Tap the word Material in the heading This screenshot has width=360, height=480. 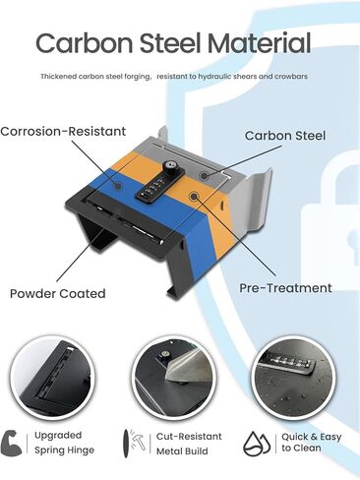pyautogui.click(x=260, y=43)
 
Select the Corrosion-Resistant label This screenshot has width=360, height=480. pyautogui.click(x=63, y=131)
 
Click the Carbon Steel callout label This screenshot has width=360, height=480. pyautogui.click(x=285, y=136)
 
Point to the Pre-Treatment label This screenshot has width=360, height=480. pyautogui.click(x=285, y=288)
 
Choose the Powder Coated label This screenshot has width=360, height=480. pyautogui.click(x=58, y=293)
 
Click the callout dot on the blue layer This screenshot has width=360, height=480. pyautogui.click(x=118, y=186)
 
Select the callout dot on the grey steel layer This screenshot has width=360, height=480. pyautogui.click(x=205, y=175)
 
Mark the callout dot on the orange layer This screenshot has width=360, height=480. pyautogui.click(x=194, y=196)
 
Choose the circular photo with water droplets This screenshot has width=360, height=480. pyautogui.click(x=294, y=378)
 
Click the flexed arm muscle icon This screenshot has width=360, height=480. pyautogui.click(x=11, y=444)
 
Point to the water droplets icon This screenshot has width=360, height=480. pyautogui.click(x=257, y=444)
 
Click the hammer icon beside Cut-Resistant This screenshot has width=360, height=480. pyautogui.click(x=137, y=441)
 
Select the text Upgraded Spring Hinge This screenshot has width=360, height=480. pyautogui.click(x=64, y=443)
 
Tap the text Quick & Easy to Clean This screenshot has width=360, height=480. pyautogui.click(x=312, y=443)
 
